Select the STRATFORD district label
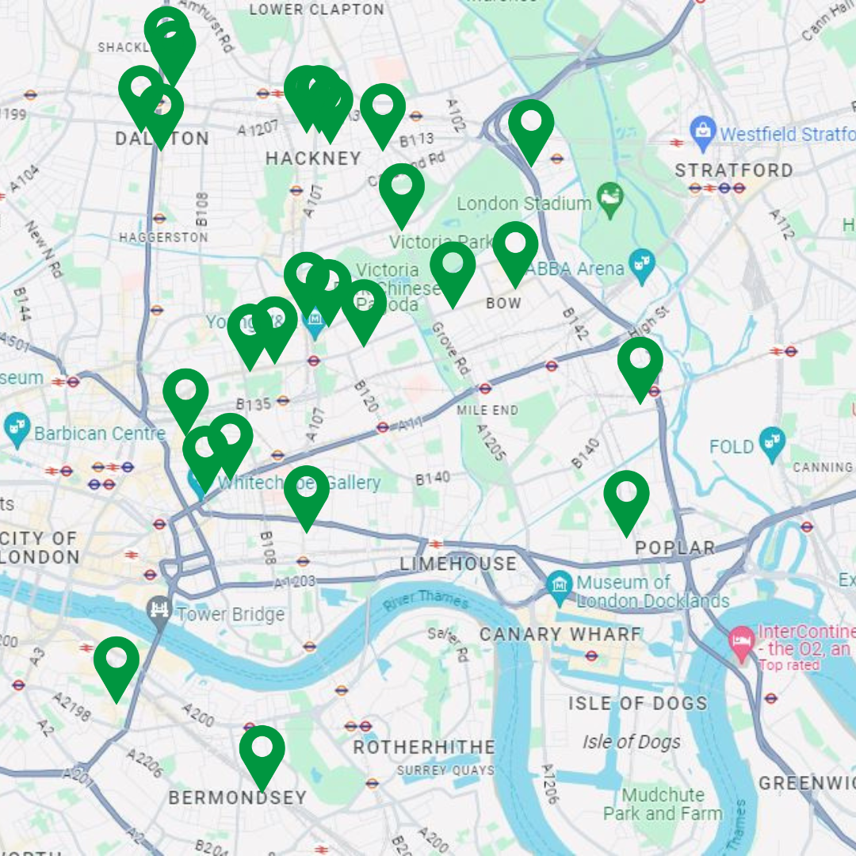click(x=733, y=170)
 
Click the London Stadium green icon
click(x=610, y=201)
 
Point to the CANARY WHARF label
click(x=560, y=634)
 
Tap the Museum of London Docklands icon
click(x=560, y=587)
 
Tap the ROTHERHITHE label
click(x=423, y=747)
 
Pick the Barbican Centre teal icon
click(x=17, y=429)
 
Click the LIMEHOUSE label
click(x=458, y=564)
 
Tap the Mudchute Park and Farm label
click(x=663, y=804)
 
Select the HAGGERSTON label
click(x=163, y=237)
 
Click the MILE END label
click(x=487, y=410)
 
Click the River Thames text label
click(x=426, y=600)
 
